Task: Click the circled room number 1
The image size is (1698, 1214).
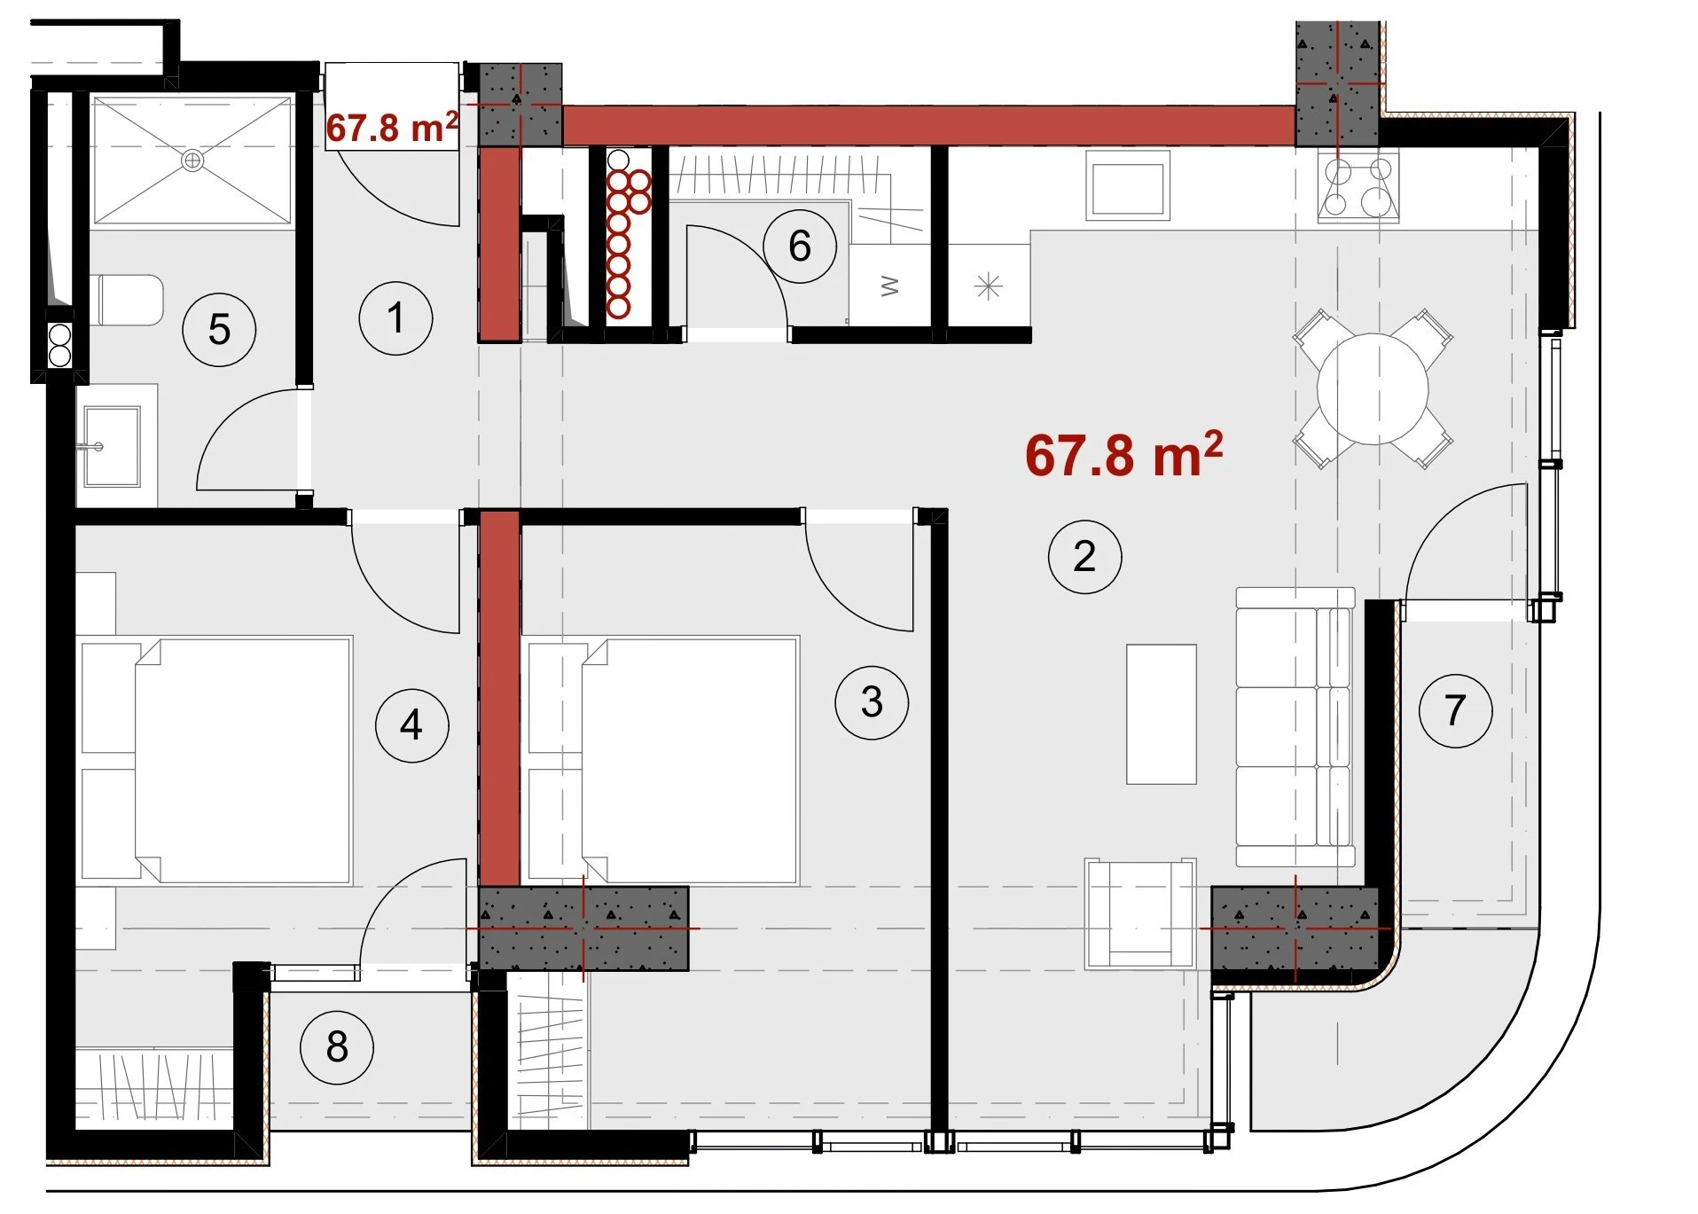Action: click(x=395, y=318)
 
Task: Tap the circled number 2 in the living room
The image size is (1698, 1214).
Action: click(x=1084, y=557)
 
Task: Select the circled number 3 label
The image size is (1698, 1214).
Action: click(x=872, y=702)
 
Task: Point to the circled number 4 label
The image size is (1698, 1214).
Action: click(x=411, y=725)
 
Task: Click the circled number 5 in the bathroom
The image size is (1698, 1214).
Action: click(x=219, y=330)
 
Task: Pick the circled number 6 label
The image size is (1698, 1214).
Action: click(x=800, y=247)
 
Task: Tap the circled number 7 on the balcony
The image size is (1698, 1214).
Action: click(x=1455, y=710)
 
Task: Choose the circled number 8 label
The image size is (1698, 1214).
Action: click(x=337, y=1047)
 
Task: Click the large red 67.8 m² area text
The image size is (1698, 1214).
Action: click(x=1123, y=455)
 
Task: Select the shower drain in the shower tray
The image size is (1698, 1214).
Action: click(x=192, y=161)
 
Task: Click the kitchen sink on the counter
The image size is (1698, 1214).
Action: click(x=1128, y=185)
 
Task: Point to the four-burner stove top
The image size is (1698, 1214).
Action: click(x=1358, y=185)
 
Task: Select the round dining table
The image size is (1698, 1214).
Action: click(x=1373, y=388)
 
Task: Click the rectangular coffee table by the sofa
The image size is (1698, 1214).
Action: click(x=1162, y=715)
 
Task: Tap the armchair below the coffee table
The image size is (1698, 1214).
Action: click(x=1140, y=913)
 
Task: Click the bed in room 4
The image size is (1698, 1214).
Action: click(x=216, y=760)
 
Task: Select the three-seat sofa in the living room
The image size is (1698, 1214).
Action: click(x=1295, y=727)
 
